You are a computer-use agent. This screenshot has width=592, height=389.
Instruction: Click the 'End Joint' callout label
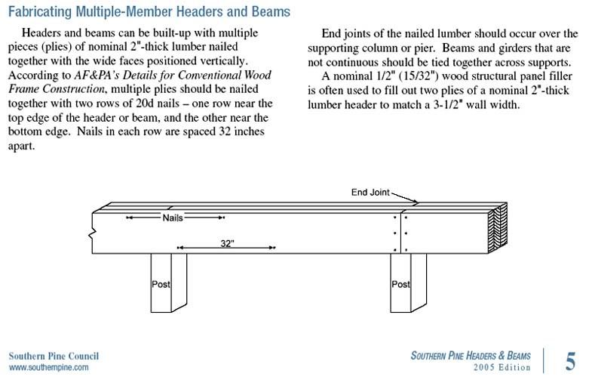pyautogui.click(x=370, y=193)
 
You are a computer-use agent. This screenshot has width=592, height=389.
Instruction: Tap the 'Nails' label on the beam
pyautogui.click(x=173, y=218)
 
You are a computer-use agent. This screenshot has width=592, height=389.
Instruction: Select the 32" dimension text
pyautogui.click(x=227, y=243)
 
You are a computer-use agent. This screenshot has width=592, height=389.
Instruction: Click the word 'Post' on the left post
pyautogui.click(x=161, y=284)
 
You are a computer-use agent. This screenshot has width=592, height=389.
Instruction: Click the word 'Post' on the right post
pyautogui.click(x=400, y=284)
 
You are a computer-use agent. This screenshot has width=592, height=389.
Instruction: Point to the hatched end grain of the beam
pyautogui.click(x=498, y=227)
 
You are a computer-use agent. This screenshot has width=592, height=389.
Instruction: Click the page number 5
pyautogui.click(x=570, y=361)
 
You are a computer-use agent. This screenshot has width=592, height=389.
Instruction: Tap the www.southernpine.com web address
pyautogui.click(x=49, y=367)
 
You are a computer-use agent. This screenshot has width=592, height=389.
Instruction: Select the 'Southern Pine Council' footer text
pyautogui.click(x=54, y=356)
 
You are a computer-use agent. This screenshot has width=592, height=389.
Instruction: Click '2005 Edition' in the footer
pyautogui.click(x=502, y=367)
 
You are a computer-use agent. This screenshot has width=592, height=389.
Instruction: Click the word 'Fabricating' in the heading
pyautogui.click(x=40, y=12)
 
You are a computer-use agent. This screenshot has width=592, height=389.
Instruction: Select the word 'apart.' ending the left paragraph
pyautogui.click(x=22, y=147)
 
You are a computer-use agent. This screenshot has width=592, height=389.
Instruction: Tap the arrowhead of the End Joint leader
pyautogui.click(x=415, y=202)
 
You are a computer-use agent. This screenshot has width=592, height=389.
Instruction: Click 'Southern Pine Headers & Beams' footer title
pyautogui.click(x=471, y=356)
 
